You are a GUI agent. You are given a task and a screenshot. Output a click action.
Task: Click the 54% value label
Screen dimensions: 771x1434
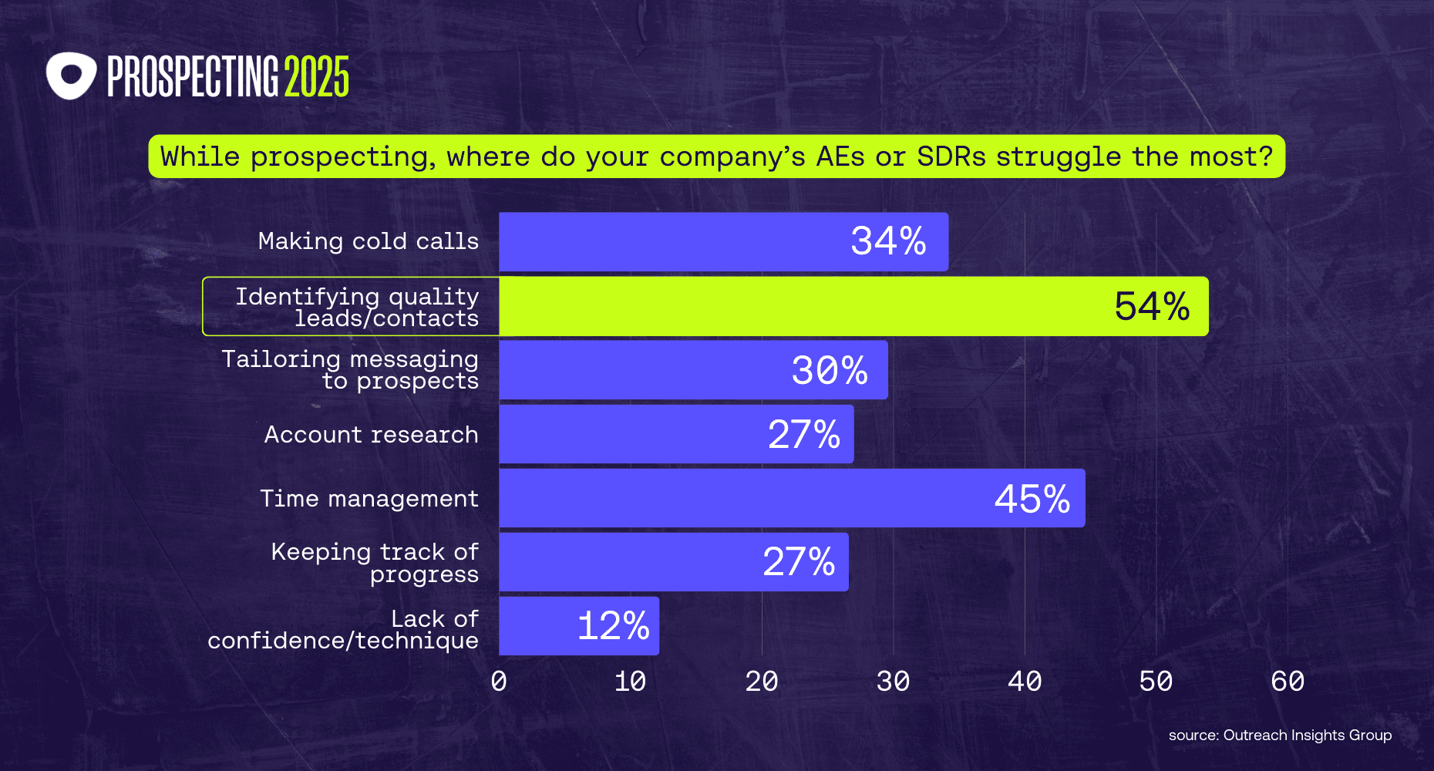(1152, 306)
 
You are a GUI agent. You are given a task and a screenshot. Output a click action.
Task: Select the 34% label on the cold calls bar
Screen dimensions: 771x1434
(888, 241)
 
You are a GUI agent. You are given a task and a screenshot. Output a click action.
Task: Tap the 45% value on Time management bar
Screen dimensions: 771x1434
(1032, 499)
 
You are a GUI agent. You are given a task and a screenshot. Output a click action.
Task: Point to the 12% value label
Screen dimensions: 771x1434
(613, 625)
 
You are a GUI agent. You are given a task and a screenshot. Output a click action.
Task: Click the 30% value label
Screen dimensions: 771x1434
(830, 370)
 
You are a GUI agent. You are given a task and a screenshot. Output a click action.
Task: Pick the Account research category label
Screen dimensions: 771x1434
(371, 435)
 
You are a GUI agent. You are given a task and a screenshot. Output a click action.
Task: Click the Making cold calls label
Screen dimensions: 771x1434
(368, 241)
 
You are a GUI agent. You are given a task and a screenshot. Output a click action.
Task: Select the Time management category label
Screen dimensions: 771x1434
(369, 499)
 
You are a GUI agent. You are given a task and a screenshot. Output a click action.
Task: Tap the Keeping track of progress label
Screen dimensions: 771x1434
(375, 563)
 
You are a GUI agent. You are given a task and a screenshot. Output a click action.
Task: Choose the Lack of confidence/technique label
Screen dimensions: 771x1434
(344, 629)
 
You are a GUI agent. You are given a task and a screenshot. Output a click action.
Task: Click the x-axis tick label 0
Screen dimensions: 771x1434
(499, 682)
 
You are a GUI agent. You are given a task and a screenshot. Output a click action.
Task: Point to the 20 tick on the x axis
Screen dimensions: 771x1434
(762, 682)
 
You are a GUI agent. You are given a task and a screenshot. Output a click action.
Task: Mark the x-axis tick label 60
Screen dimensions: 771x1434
(1288, 682)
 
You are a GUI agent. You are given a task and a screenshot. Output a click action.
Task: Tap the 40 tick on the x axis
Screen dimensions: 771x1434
(1025, 682)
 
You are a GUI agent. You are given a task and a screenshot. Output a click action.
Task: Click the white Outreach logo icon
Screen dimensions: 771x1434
(71, 76)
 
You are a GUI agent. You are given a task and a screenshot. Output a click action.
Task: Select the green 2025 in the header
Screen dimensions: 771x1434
(316, 77)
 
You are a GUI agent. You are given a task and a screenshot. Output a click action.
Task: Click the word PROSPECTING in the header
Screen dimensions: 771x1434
(192, 77)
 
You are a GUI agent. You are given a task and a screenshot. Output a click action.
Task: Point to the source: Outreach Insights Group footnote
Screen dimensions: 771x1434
(1280, 736)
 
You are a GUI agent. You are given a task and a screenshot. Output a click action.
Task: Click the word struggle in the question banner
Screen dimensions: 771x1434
(1058, 157)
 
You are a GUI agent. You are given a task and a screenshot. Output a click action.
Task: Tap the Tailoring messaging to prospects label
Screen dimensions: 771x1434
(351, 370)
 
